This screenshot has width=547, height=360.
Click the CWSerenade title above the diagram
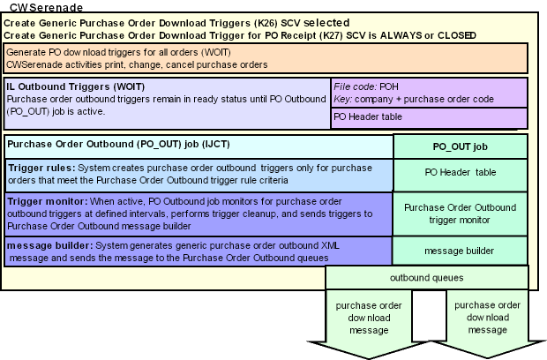[47, 7]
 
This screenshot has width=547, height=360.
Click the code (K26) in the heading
[266, 23]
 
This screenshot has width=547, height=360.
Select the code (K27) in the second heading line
[331, 35]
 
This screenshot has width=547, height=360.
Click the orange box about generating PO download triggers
[266, 58]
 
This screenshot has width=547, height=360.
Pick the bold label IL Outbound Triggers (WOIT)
[75, 86]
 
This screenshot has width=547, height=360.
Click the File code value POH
[388, 86]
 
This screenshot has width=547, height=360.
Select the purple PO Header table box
[429, 117]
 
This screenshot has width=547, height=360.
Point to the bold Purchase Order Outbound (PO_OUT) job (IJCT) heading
[118, 144]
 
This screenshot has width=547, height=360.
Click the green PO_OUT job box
[461, 146]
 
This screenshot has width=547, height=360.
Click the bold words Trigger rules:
[41, 168]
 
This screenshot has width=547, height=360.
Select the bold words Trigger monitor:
[47, 202]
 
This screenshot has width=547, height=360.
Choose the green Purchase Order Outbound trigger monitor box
[460, 214]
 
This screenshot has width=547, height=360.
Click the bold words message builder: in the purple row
[50, 245]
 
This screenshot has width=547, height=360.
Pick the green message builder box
[460, 251]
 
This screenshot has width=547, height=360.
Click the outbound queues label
[427, 278]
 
